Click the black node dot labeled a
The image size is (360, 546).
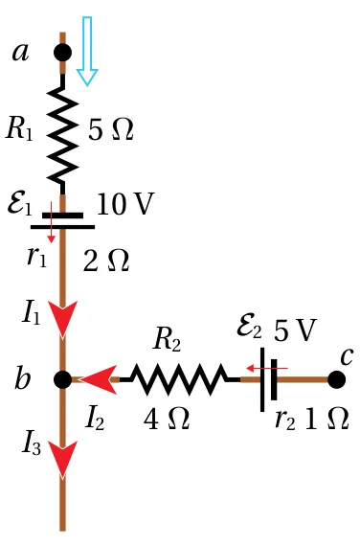pos(62,53)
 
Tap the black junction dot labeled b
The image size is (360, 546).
pos(63,379)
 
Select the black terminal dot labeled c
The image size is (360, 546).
pos(337,379)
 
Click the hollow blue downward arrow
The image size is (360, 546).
pos(87,51)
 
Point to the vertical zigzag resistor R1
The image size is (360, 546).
pos(62,134)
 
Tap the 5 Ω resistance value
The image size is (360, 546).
pos(111,130)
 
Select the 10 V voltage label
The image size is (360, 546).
pos(125,204)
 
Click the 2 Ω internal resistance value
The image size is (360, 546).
pos(106,261)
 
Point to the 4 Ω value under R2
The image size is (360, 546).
pos(167,419)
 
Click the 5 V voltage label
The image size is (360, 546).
pos(295,330)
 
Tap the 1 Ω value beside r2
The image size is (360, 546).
pos(326,418)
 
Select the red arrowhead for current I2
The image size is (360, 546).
pos(99,379)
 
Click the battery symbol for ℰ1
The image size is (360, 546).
pos(62,221)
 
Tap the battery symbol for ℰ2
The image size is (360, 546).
pos(268,379)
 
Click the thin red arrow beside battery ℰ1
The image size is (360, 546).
pos(51,222)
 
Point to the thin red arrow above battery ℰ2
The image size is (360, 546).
pos(267,368)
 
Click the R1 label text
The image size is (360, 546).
pos(20,129)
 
